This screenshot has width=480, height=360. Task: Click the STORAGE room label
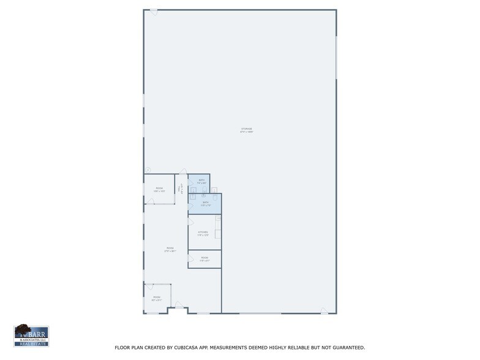(x=247, y=130)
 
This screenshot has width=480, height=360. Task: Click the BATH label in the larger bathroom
(x=206, y=203)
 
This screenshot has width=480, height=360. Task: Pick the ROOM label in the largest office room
(x=170, y=249)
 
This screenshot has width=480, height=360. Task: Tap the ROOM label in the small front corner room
(x=157, y=298)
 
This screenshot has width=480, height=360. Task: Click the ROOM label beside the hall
(x=159, y=189)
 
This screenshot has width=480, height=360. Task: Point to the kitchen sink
(x=218, y=219)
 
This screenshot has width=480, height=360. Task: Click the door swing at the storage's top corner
(x=154, y=12)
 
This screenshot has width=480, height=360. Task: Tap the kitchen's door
(x=190, y=222)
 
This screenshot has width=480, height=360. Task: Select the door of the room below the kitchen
(x=190, y=259)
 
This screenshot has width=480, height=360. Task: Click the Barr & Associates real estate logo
(x=31, y=336)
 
